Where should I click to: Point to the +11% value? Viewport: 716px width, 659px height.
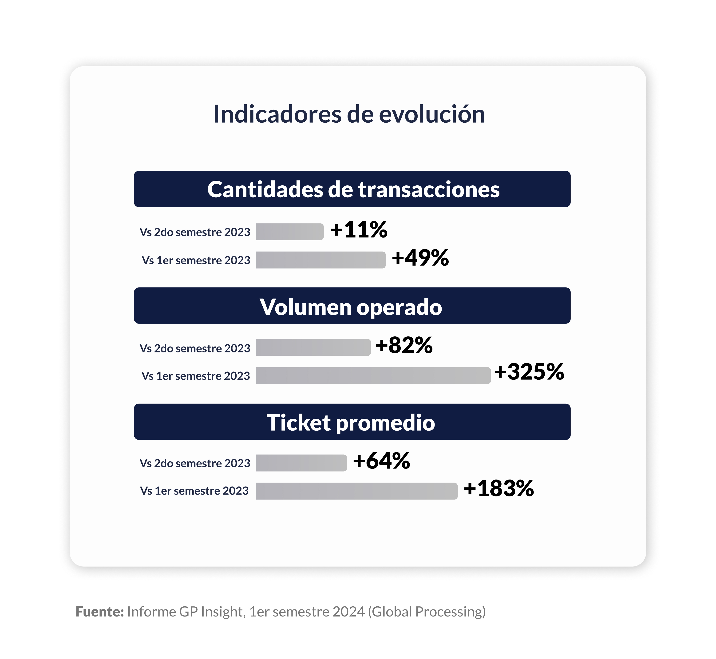[359, 230]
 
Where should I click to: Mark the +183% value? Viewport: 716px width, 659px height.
[499, 488]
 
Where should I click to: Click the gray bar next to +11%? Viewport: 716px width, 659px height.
[289, 232]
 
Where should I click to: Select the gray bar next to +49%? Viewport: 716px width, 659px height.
[320, 260]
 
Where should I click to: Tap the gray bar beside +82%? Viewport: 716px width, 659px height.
[313, 347]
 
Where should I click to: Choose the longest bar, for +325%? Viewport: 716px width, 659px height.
[373, 375]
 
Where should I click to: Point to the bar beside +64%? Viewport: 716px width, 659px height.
[301, 463]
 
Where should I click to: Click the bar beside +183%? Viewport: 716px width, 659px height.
[356, 491]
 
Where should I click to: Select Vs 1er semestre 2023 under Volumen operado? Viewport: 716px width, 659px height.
[196, 376]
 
